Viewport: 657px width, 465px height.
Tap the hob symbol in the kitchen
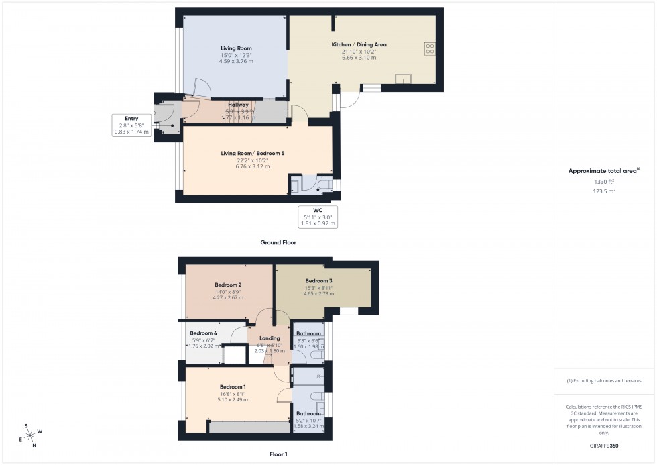pyautogui.click(x=430, y=48)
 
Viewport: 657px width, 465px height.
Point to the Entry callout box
pyautogui.click(x=131, y=125)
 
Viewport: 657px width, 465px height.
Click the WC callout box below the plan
pyautogui.click(x=318, y=217)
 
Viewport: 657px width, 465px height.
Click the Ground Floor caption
pyautogui.click(x=279, y=242)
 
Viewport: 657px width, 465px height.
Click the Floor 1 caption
pyautogui.click(x=278, y=454)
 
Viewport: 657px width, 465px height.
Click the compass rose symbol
pyautogui.click(x=31, y=433)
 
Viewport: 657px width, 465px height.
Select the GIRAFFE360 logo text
pyautogui.click(x=605, y=445)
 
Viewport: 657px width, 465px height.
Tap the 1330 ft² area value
pyautogui.click(x=605, y=182)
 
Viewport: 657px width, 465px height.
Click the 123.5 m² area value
pyautogui.click(x=605, y=191)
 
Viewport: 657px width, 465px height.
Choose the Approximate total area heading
pyautogui.click(x=603, y=171)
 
